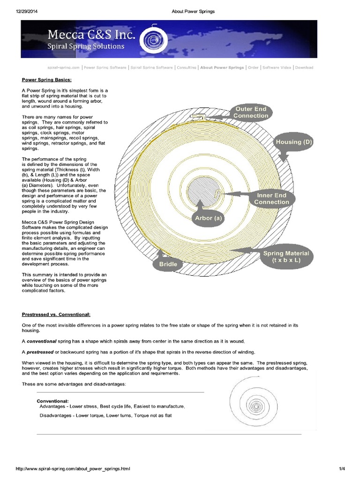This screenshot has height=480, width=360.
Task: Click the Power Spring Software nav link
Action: click(105, 67)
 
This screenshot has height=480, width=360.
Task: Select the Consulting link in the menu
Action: click(187, 67)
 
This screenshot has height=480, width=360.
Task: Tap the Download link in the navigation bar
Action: click(304, 67)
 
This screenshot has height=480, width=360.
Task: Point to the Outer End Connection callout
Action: click(251, 112)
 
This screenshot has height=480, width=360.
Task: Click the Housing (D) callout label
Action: click(294, 142)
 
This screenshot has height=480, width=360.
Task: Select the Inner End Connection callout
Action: click(271, 199)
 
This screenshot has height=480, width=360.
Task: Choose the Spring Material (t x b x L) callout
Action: click(286, 256)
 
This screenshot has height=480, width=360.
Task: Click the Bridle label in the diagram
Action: click(168, 264)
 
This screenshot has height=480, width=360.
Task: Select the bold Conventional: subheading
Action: click(53, 401)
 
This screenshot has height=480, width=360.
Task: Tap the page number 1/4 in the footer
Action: click(342, 468)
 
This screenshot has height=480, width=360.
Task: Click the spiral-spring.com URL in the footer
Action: click(73, 468)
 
